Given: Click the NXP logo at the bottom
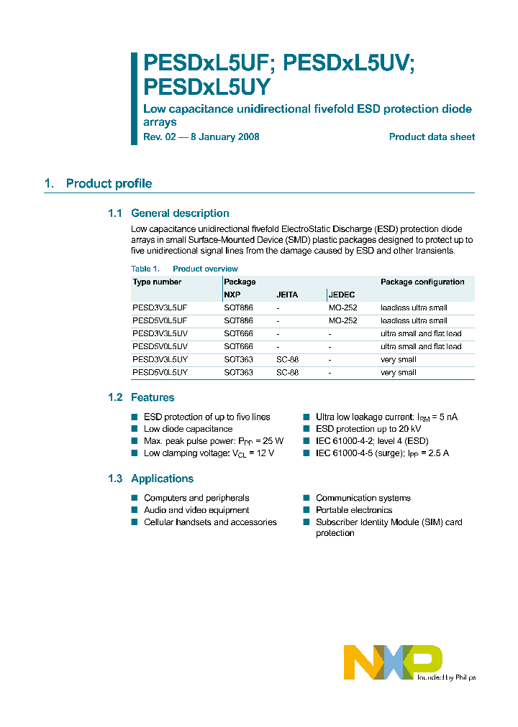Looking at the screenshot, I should click(x=393, y=662).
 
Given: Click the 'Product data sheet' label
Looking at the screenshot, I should click(x=432, y=137).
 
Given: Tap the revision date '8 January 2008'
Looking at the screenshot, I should click(x=220, y=137).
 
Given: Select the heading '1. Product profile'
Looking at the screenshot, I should click(x=98, y=184).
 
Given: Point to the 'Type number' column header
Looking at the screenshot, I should click(x=157, y=282).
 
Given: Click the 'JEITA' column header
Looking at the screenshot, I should click(x=287, y=295).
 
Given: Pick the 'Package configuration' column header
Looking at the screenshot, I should click(x=422, y=282).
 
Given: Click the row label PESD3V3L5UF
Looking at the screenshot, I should click(x=160, y=308).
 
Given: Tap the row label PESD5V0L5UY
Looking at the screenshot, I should click(x=160, y=373).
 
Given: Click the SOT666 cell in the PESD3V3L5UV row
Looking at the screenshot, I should click(x=238, y=334).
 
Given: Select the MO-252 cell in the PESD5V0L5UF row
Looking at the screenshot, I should click(x=342, y=321).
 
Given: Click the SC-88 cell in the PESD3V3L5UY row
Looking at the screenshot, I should click(x=287, y=360).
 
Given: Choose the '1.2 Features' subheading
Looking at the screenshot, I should click(x=141, y=398).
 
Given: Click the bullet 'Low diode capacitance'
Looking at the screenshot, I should click(x=188, y=429).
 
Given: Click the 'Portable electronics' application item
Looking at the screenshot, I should click(x=354, y=510).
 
